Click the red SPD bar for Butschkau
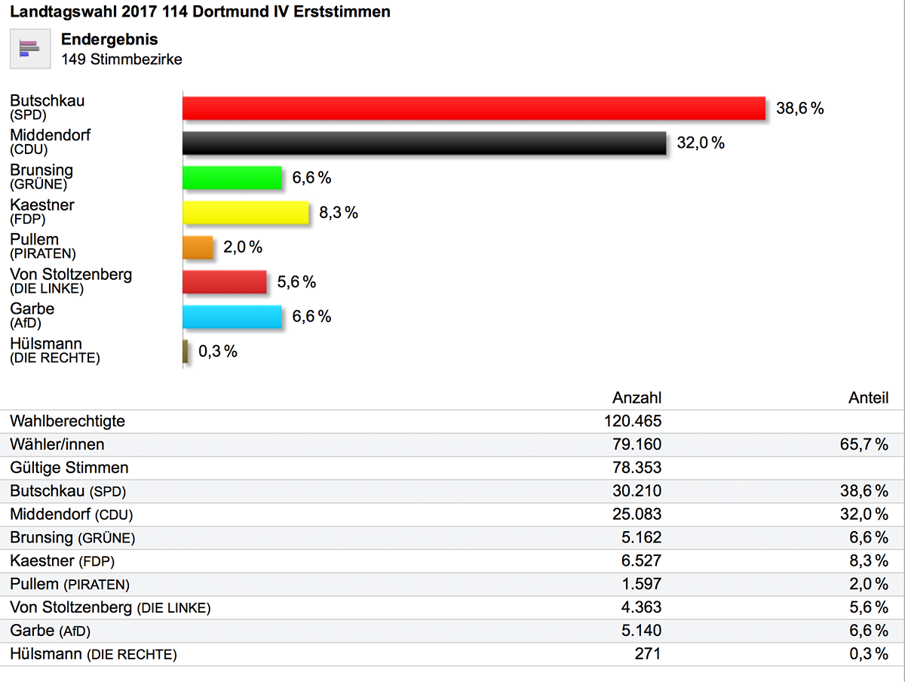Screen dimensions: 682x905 [474, 108]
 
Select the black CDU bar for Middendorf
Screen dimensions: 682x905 [424, 143]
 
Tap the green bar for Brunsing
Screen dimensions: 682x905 [232, 177]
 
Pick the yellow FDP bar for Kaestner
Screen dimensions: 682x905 [246, 212]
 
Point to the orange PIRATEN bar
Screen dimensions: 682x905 [198, 247]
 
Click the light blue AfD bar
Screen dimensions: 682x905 [232, 316]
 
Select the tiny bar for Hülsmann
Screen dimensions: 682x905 [186, 351]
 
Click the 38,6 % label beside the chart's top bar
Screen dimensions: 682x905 [800, 108]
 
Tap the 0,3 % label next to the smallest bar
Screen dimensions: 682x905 [218, 352]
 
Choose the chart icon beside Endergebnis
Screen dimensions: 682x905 [30, 48]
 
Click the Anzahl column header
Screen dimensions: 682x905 [637, 398]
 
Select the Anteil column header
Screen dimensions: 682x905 [868, 398]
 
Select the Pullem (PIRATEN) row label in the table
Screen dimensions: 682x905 [69, 584]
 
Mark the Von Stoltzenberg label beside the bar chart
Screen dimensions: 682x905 [71, 275]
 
